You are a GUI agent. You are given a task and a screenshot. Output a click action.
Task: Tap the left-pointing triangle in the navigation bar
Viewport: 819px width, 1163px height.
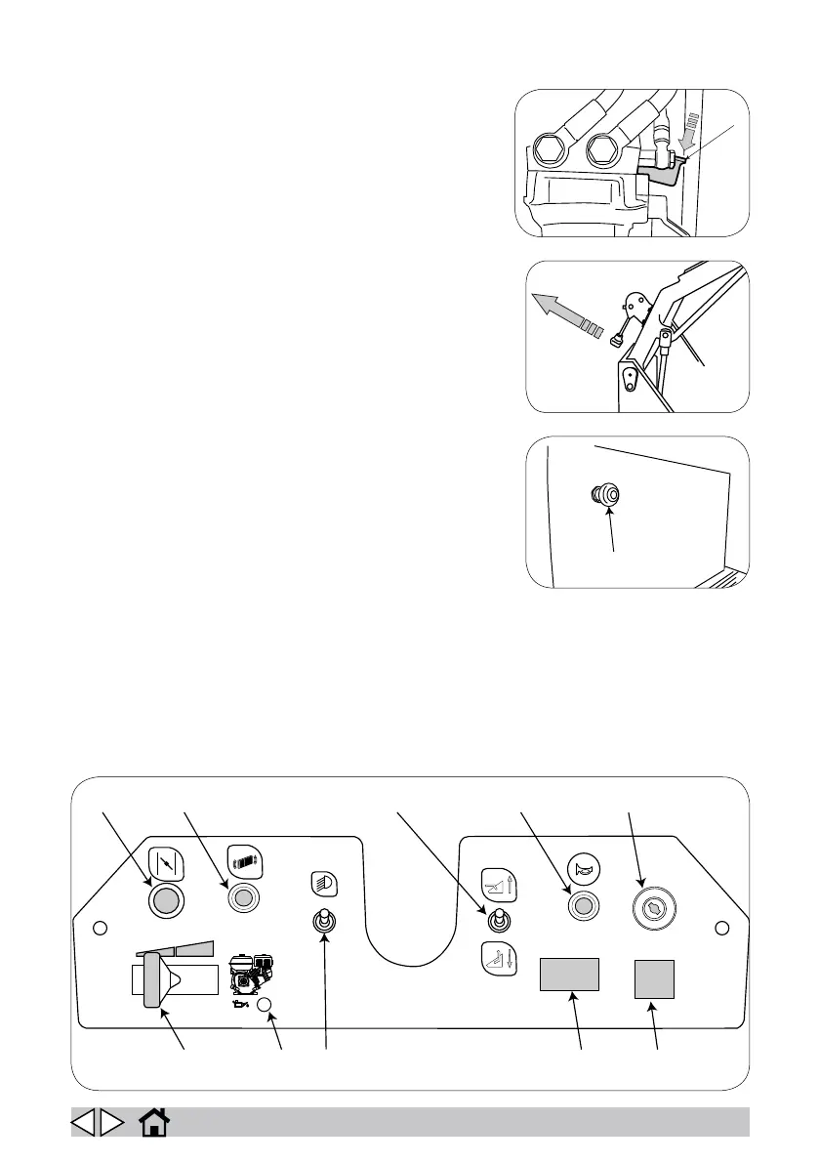coord(84,1122)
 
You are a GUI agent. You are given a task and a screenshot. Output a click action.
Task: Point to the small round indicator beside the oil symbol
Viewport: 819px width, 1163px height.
coord(264,1004)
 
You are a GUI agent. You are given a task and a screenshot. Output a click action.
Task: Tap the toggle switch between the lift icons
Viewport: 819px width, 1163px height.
coord(497,921)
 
